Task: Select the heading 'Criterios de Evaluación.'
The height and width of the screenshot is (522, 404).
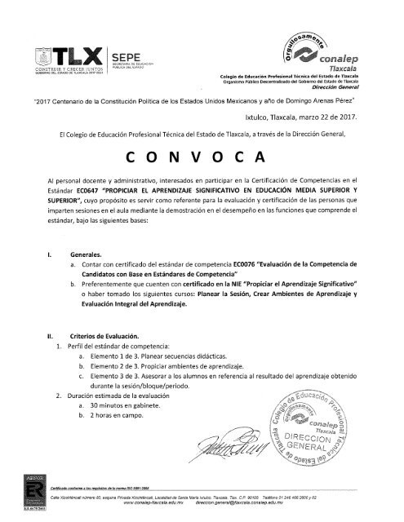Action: pyautogui.click(x=107, y=336)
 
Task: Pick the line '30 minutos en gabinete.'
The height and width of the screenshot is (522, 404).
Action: pyautogui.click(x=137, y=405)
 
